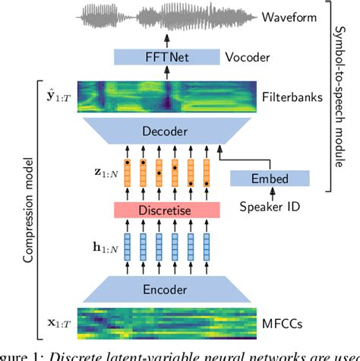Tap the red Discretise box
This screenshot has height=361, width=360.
[176, 207]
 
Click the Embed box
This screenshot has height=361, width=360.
[269, 179]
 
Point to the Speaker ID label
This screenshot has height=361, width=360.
[269, 207]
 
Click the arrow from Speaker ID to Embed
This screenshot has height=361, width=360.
[269, 193]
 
